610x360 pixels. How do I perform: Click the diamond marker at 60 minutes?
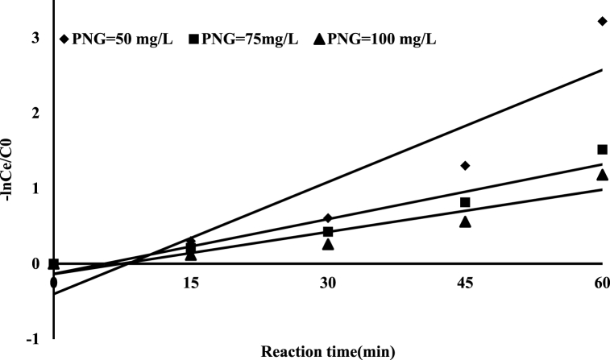(602, 21)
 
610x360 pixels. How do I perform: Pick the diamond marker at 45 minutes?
(465, 166)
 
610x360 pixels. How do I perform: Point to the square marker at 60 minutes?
(602, 149)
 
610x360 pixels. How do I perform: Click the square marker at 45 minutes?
(465, 202)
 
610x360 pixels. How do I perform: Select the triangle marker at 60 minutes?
(602, 175)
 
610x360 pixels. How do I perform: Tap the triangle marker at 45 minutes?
(465, 221)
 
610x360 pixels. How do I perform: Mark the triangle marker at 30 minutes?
(328, 243)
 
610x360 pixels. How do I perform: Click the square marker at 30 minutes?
(328, 232)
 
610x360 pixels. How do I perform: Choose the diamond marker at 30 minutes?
(328, 218)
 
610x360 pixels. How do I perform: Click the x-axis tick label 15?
(191, 282)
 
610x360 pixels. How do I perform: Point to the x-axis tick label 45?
(465, 282)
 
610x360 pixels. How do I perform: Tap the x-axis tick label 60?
(600, 282)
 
